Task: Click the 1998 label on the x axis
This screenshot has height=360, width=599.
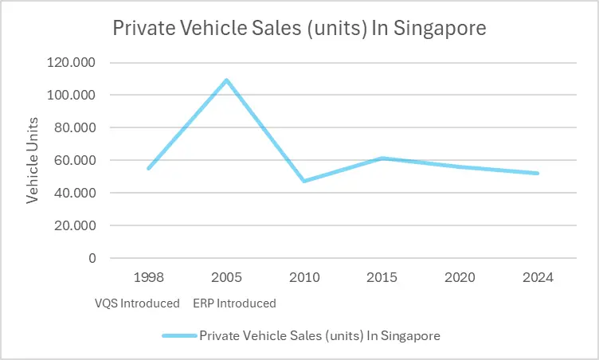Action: click(148, 278)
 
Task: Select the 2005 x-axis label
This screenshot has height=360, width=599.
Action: click(226, 278)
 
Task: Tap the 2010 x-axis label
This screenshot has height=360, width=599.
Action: click(304, 278)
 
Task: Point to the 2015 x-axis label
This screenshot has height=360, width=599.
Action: click(382, 278)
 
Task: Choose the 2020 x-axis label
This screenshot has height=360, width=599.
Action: click(460, 278)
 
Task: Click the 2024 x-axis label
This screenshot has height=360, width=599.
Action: click(538, 278)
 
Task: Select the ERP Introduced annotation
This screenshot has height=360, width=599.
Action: click(234, 303)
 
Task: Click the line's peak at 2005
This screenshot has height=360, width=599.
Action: click(226, 80)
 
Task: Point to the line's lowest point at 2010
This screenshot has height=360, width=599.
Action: click(304, 181)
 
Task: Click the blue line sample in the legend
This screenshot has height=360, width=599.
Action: click(178, 336)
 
